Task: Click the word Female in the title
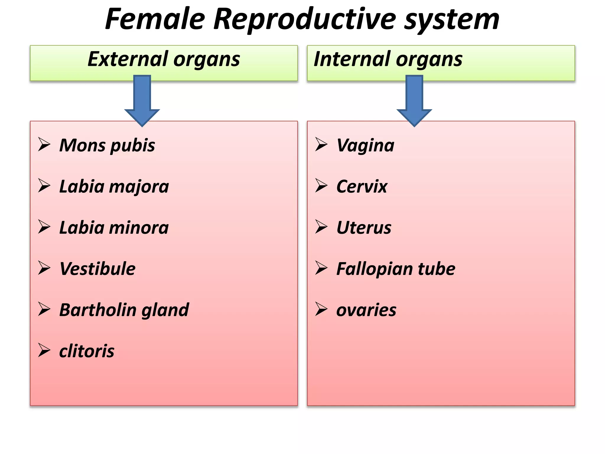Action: point(155,20)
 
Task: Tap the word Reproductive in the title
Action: point(305,20)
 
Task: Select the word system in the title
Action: point(452,20)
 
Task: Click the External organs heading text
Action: point(164,59)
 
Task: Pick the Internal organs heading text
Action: point(388,59)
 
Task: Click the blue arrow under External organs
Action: point(142,100)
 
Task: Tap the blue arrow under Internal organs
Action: point(414,100)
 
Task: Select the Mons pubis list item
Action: point(107,145)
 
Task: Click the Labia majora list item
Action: point(114,187)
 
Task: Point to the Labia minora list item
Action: point(114,228)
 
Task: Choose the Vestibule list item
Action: point(97,269)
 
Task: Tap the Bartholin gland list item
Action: point(124,310)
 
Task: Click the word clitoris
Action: point(87,351)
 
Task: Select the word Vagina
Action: point(365,145)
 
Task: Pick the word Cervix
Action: point(362,187)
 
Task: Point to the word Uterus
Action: point(364,228)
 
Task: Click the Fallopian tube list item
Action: point(396,269)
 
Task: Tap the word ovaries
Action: point(366,310)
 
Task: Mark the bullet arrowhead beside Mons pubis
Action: point(44,145)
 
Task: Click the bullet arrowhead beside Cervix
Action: point(321,186)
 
